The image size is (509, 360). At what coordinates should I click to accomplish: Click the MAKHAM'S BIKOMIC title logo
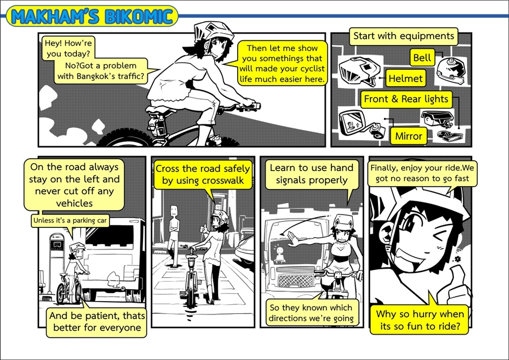point(92,16)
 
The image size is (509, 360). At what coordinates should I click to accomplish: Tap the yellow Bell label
point(422,57)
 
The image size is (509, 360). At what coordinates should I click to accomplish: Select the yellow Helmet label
point(406,78)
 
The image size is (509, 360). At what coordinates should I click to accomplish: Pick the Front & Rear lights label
point(406,99)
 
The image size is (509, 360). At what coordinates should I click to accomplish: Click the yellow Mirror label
point(408,136)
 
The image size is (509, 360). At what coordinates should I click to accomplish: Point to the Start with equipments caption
point(403,36)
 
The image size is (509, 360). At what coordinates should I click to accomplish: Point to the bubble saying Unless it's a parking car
point(70,221)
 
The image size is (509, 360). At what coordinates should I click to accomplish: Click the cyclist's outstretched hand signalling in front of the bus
point(292,239)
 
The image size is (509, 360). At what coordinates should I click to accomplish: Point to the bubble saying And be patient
point(96,322)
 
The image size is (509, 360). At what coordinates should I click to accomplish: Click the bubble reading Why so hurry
point(420,320)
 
